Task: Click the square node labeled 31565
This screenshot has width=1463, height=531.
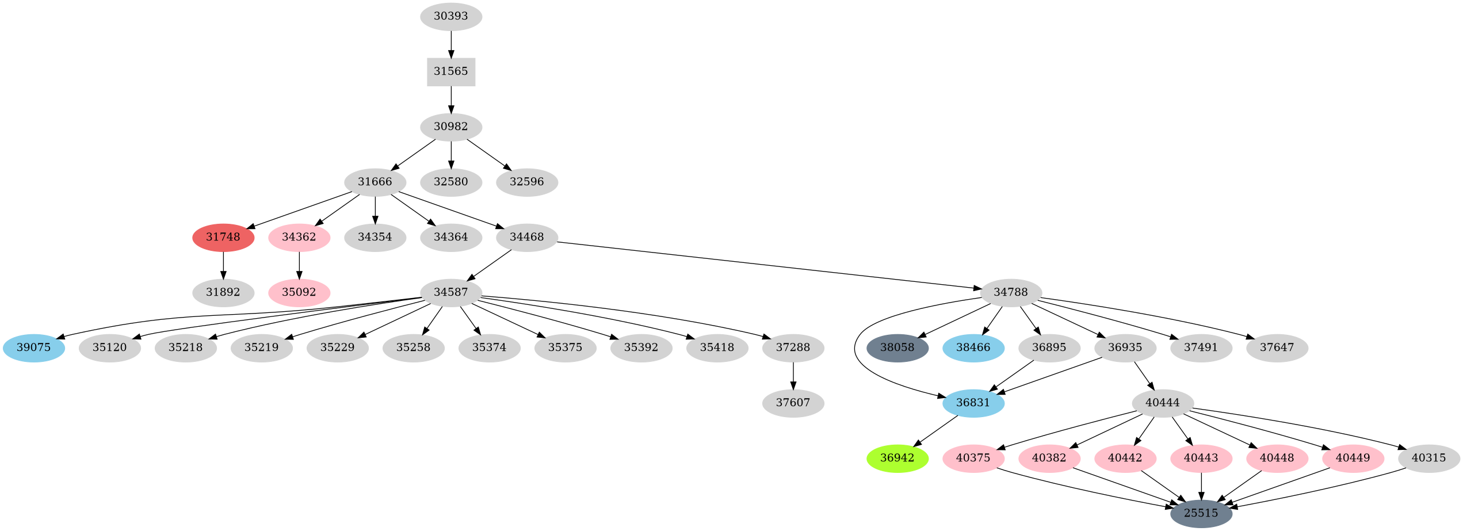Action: point(450,71)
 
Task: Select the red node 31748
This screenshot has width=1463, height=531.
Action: point(223,237)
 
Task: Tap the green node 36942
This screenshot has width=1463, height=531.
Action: point(897,458)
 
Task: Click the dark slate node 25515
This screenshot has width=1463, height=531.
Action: point(1201,513)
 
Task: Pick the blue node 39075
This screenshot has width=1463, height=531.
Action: point(34,347)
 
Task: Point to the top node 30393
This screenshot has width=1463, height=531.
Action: point(450,16)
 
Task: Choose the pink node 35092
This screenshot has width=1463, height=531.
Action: point(299,292)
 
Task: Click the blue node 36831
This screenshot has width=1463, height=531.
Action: point(973,403)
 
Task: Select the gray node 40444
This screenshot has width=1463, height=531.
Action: point(1162,403)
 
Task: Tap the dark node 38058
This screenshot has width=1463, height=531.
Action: point(897,347)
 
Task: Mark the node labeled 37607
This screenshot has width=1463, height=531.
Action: point(793,403)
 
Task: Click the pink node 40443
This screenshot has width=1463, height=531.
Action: point(1201,458)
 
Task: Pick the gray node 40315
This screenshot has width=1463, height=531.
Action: point(1428,458)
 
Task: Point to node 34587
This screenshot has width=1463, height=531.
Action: point(450,292)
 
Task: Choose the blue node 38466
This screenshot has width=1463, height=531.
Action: point(973,347)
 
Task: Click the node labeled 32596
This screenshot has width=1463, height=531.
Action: point(526,182)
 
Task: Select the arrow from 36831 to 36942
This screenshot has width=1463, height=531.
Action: point(935,430)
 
